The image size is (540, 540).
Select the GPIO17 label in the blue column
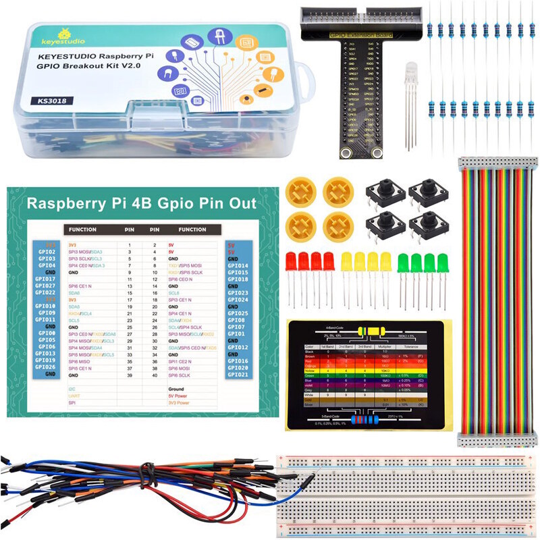47,278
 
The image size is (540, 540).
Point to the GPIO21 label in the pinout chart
238,375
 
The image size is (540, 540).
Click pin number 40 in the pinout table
155,375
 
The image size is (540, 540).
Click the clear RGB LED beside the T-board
410,74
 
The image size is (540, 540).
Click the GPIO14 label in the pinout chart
238,265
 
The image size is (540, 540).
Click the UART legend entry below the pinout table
73,397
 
